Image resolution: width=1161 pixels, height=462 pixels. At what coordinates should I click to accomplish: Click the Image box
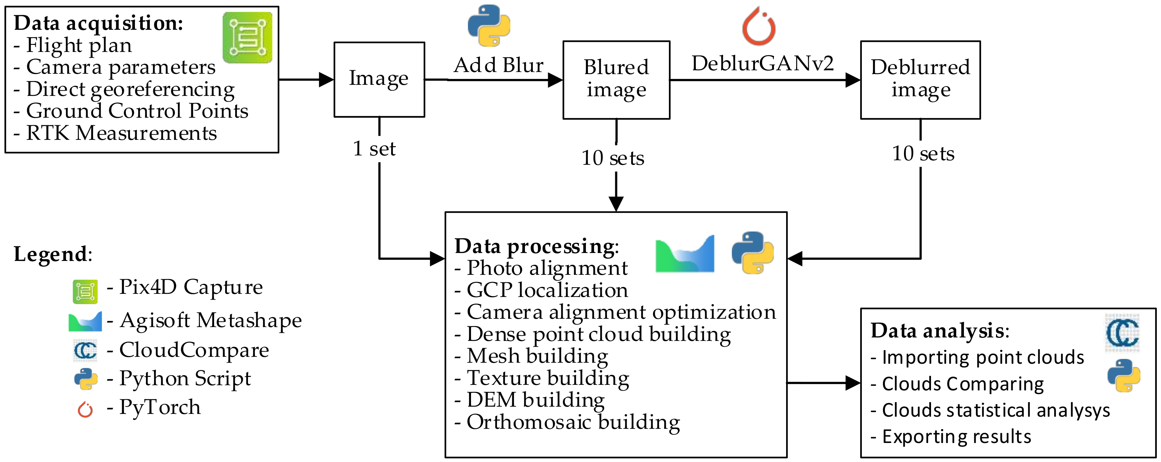point(379,79)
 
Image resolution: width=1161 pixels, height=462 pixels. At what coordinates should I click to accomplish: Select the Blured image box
point(616,80)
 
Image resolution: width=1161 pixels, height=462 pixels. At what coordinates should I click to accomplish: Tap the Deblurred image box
point(920,80)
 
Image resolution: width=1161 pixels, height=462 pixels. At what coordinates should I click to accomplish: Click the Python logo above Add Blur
point(489,26)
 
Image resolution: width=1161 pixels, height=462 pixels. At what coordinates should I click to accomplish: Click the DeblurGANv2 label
point(763,63)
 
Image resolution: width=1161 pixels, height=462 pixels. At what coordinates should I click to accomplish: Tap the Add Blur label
point(498,65)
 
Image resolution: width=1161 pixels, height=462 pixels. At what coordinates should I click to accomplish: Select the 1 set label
point(374,148)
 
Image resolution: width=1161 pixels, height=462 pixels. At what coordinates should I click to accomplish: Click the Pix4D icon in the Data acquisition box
point(247,37)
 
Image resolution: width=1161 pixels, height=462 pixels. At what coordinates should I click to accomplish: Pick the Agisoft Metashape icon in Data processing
point(685,254)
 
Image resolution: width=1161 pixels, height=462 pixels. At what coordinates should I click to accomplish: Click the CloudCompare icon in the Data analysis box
point(1122,333)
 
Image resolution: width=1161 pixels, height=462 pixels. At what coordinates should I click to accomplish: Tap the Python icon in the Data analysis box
point(1124,375)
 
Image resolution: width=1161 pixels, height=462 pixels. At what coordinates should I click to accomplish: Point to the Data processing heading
point(536,246)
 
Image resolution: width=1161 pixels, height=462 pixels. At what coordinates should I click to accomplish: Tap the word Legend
point(50,254)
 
